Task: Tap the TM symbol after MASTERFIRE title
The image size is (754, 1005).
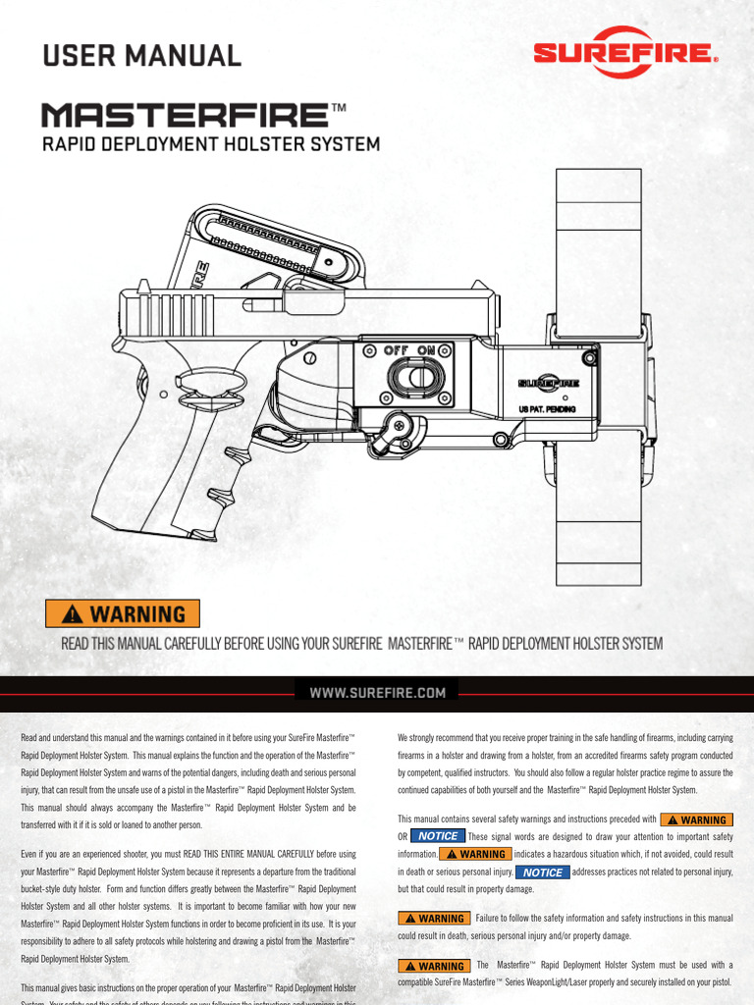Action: (x=339, y=108)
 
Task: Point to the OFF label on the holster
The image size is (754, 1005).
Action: (x=397, y=349)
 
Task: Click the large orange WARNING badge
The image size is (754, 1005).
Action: (x=123, y=614)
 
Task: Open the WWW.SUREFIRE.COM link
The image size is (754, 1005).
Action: (x=378, y=693)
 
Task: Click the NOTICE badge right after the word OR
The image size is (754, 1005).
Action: (x=437, y=836)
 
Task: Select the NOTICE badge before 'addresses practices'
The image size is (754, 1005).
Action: (x=542, y=872)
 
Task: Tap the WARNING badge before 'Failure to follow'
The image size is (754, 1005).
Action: (x=432, y=919)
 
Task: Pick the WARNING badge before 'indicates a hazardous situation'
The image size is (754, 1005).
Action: (x=475, y=854)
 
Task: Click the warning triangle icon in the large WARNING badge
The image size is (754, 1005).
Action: (x=73, y=615)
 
